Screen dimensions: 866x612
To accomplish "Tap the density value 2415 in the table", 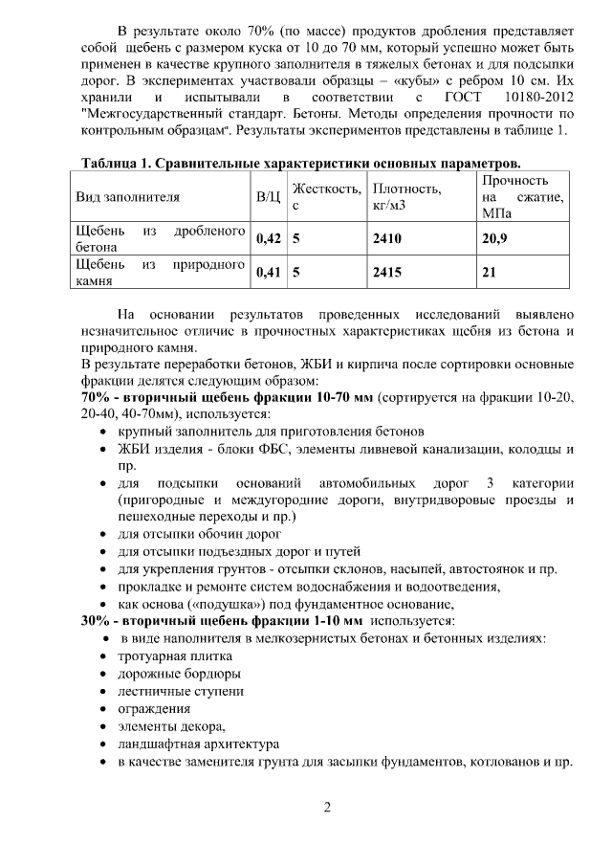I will pos(387,273).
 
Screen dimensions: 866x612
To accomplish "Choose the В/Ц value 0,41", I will pos(270,273).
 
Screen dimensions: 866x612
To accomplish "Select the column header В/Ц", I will pos(269,197).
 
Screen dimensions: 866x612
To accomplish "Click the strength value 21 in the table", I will pos(489,273).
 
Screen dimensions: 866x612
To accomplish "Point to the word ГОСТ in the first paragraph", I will pos(462,99).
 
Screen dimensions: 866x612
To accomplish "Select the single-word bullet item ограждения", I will pos(154,709).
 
